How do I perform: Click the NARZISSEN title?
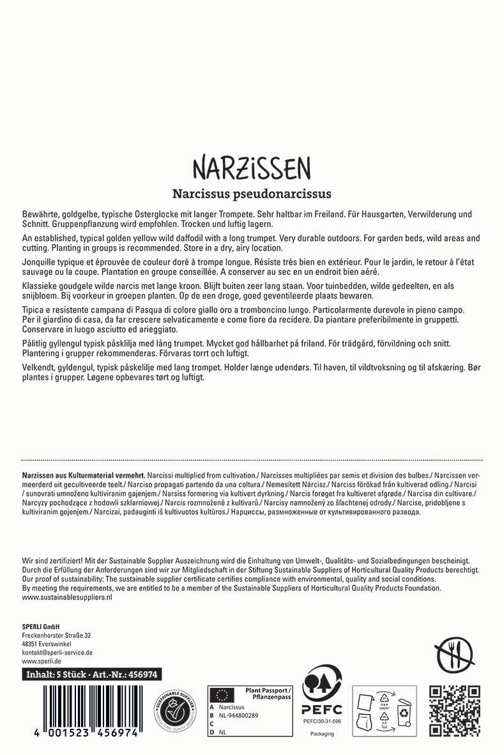(252, 167)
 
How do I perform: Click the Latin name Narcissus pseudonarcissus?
(252, 192)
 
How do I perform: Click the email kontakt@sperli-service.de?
(57, 653)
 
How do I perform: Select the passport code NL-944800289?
(240, 715)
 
